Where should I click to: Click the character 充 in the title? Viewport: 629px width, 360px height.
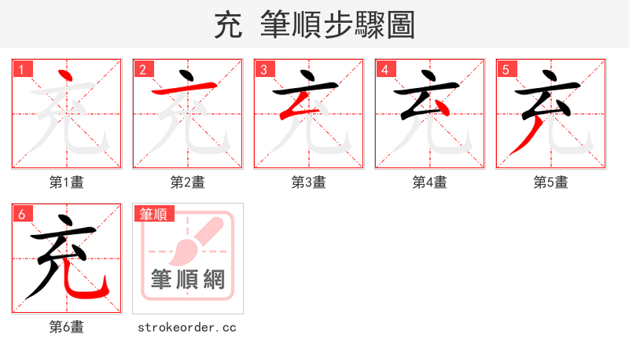click(227, 25)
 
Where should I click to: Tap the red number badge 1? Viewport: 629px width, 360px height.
click(22, 70)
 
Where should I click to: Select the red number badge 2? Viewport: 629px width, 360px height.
click(143, 70)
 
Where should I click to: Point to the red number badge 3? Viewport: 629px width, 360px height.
click(264, 70)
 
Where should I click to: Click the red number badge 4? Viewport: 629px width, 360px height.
click(385, 70)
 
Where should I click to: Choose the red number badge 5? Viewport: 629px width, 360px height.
click(506, 70)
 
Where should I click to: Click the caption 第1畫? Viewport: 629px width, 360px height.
click(67, 182)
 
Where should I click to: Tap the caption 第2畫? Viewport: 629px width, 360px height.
click(188, 182)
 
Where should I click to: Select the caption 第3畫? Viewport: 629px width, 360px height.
click(309, 182)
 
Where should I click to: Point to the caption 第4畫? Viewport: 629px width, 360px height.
click(430, 182)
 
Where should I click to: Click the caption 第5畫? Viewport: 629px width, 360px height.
click(551, 182)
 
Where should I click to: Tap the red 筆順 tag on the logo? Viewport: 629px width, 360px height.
click(154, 214)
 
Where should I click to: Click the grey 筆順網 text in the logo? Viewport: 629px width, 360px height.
click(188, 280)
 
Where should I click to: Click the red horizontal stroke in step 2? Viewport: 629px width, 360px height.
click(186, 87)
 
